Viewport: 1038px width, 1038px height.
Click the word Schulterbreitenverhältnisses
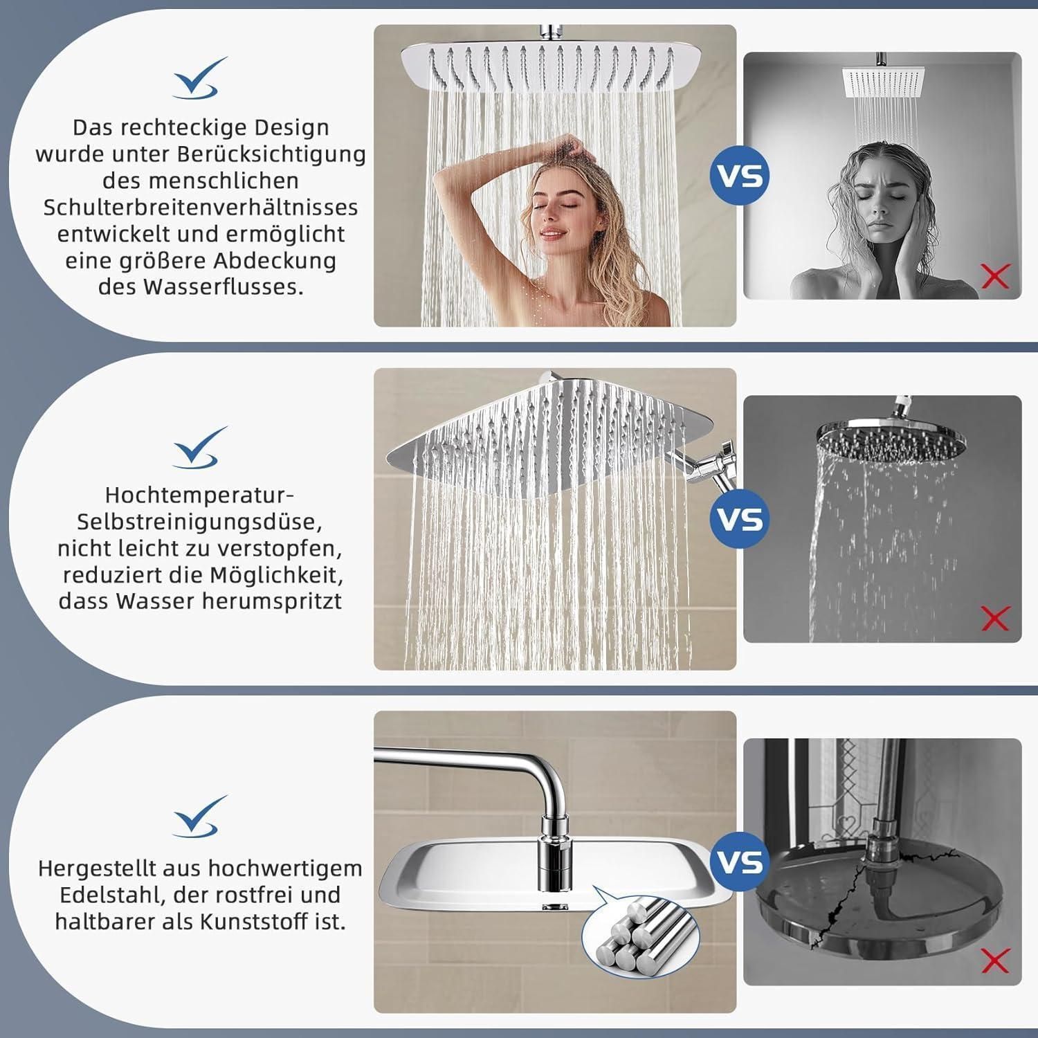coord(201,207)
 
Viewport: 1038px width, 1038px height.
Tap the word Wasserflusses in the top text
coord(223,286)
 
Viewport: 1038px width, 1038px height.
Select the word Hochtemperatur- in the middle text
coord(200,495)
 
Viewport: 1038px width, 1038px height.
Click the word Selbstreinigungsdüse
coord(200,522)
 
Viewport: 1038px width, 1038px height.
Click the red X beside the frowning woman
coord(995,276)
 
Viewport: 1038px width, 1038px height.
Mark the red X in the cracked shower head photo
coord(995,960)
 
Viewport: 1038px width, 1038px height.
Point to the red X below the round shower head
coord(995,619)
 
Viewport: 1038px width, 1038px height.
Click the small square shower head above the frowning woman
coord(882,84)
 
